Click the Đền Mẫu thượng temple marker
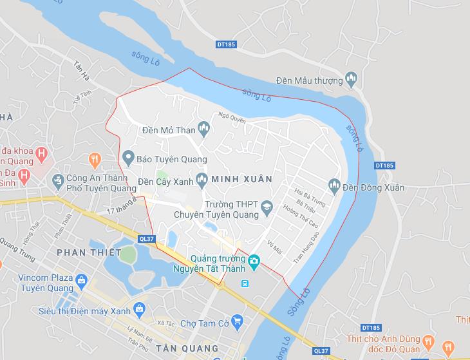point(351,80)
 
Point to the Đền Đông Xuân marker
point(334,187)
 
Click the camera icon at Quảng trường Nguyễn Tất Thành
point(254,261)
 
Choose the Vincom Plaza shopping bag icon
point(81,280)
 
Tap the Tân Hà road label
point(81,65)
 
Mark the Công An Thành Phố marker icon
point(58,178)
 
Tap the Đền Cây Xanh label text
point(165,182)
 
